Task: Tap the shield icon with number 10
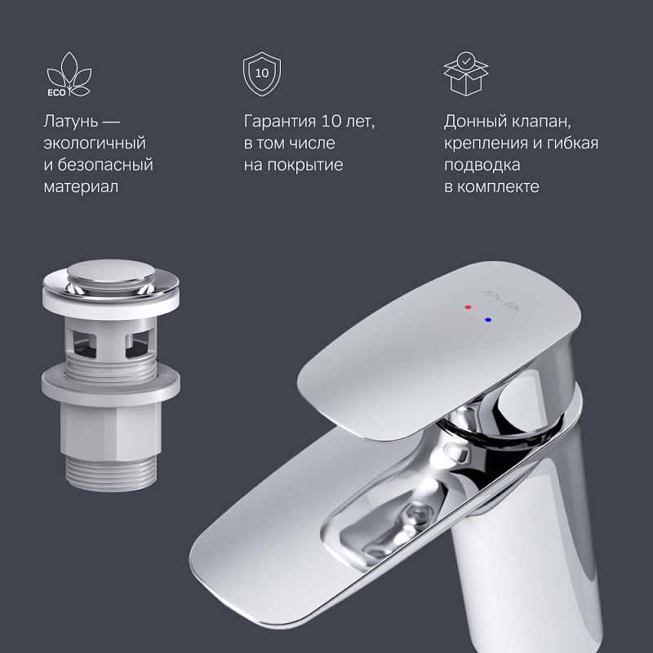click(x=262, y=74)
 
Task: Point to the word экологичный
click(x=95, y=144)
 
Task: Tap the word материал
click(x=81, y=187)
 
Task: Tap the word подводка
click(x=482, y=165)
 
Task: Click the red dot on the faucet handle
click(x=467, y=309)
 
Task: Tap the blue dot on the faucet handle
click(x=488, y=320)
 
